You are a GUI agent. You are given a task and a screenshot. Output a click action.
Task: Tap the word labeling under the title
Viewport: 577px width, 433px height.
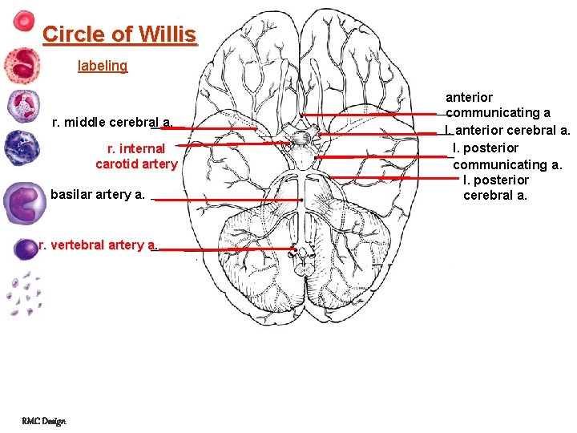point(103,66)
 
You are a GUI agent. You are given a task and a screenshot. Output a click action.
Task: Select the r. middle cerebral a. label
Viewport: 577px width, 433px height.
point(111,123)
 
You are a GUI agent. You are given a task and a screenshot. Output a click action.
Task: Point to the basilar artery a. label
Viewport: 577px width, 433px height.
point(97,194)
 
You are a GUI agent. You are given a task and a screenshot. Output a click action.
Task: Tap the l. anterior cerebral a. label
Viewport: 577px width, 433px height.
point(509,130)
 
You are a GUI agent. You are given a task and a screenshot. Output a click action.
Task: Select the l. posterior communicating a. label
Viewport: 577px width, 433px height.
point(508,156)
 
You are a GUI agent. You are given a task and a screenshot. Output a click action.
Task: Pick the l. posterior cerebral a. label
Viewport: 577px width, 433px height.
point(496,188)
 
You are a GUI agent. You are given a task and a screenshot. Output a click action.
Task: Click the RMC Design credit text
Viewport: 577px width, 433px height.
point(44,420)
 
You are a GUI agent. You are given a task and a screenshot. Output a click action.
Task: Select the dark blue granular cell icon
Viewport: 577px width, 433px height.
point(20,148)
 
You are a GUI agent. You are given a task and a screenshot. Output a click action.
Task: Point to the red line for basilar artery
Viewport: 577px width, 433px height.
point(228,200)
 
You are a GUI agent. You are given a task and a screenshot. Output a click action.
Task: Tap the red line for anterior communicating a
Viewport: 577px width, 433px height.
point(377,115)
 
